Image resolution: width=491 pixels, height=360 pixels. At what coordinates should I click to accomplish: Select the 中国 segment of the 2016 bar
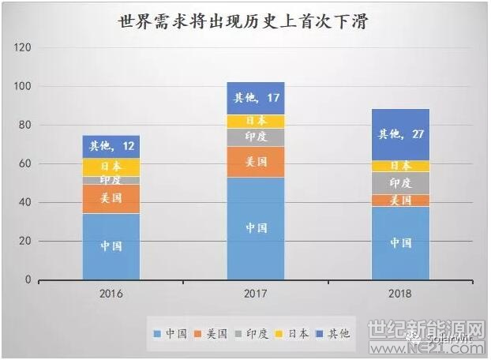(x=111, y=246)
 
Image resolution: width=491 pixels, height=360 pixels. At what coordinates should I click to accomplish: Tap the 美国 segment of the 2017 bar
(x=256, y=162)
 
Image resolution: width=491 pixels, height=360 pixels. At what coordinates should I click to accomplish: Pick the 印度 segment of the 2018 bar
(x=400, y=182)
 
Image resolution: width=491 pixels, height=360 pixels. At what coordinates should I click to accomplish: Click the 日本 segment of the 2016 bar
(x=111, y=167)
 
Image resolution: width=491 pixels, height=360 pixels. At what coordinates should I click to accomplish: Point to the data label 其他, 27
(x=400, y=134)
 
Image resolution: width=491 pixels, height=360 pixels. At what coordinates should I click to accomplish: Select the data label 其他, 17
(x=256, y=99)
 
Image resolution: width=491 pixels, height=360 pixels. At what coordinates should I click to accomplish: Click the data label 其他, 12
(x=111, y=146)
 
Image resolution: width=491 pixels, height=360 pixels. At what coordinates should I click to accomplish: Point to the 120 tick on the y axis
(x=23, y=48)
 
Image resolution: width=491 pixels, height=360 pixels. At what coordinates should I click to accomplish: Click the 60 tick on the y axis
(x=25, y=164)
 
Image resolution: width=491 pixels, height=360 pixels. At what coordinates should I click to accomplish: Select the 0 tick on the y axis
(x=28, y=280)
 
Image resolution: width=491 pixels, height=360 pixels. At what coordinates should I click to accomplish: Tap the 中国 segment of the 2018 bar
(x=400, y=243)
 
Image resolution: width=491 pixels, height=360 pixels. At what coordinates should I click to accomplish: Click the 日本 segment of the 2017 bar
(x=256, y=122)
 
